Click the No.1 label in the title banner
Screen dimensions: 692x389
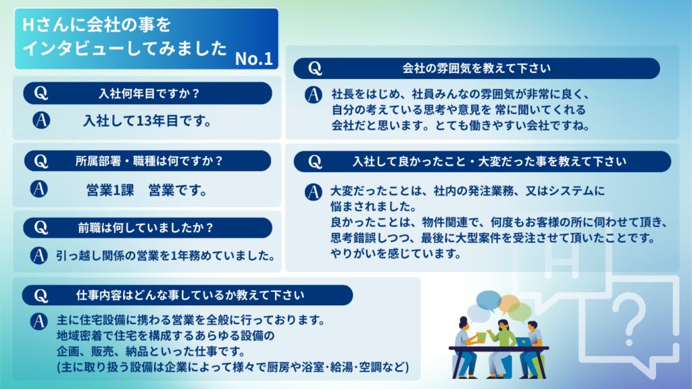coord(254,58)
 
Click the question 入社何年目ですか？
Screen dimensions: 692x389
coord(149,93)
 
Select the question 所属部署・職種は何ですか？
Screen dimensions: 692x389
coord(149,161)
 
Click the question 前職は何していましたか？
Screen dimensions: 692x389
coord(146,228)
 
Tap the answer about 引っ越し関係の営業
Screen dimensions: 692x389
coord(166,255)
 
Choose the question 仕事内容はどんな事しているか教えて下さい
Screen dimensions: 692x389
coord(190,295)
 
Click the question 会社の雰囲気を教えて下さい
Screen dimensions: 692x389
coord(476,68)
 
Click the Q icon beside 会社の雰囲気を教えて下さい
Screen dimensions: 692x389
coord(315,68)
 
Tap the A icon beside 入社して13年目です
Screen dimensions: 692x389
coord(41,120)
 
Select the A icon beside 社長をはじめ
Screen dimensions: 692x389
coord(314,95)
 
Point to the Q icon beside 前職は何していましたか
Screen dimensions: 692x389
coord(41,228)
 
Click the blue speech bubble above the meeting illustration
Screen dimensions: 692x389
coord(488,301)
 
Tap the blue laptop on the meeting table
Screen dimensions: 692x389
coord(524,342)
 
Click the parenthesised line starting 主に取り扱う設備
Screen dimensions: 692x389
coord(232,367)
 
